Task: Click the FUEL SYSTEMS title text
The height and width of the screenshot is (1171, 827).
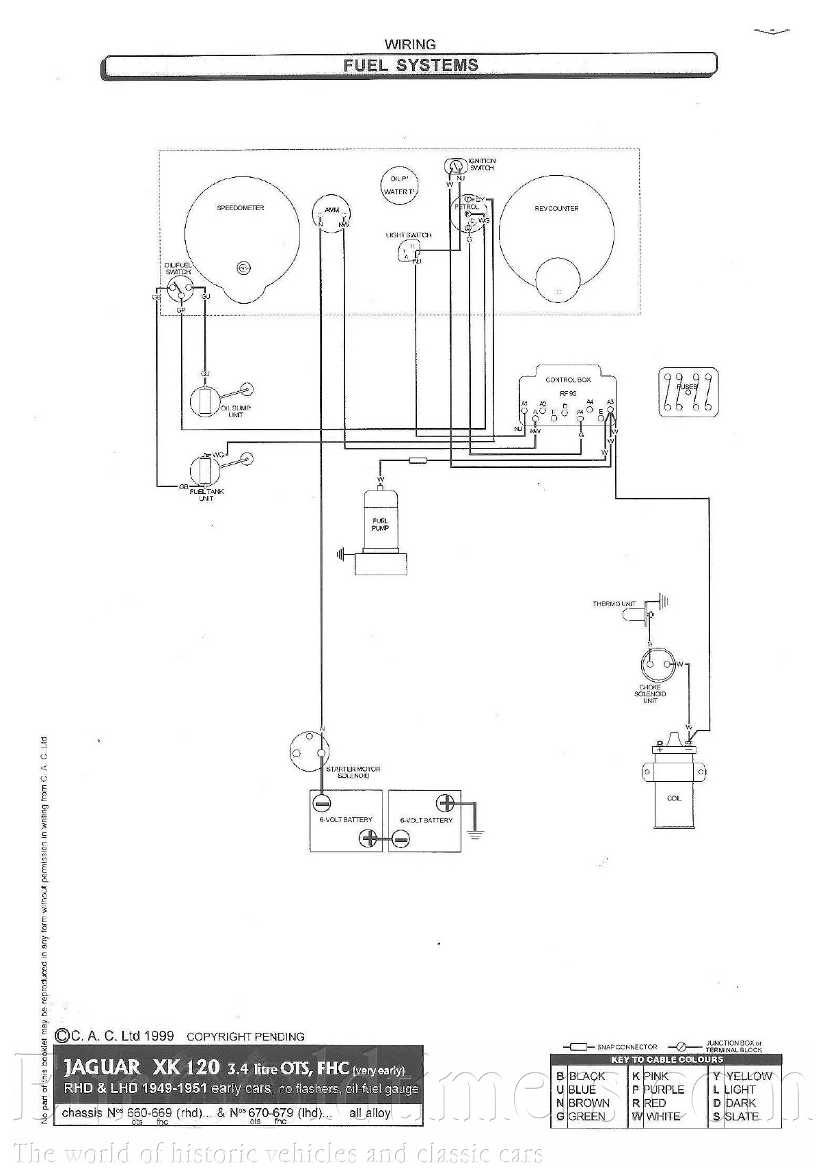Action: [410, 66]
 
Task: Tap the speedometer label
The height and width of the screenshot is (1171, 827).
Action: [241, 208]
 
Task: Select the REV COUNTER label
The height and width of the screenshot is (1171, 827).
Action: [556, 209]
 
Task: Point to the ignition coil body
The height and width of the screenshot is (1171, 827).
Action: [674, 793]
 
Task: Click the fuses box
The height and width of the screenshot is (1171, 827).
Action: [688, 393]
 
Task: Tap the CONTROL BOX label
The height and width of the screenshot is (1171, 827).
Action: [568, 380]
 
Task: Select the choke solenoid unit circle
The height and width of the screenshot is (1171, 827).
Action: [657, 666]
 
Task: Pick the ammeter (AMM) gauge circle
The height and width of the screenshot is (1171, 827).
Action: [331, 215]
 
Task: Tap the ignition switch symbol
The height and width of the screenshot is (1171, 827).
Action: [454, 166]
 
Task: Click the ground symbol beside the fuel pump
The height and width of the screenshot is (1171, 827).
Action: [340, 553]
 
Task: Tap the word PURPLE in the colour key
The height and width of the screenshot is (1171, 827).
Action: [663, 1090]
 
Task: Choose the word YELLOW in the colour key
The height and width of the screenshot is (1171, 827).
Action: [748, 1076]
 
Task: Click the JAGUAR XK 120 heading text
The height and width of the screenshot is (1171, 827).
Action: [142, 1067]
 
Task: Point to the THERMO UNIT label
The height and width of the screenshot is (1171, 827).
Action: [614, 604]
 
